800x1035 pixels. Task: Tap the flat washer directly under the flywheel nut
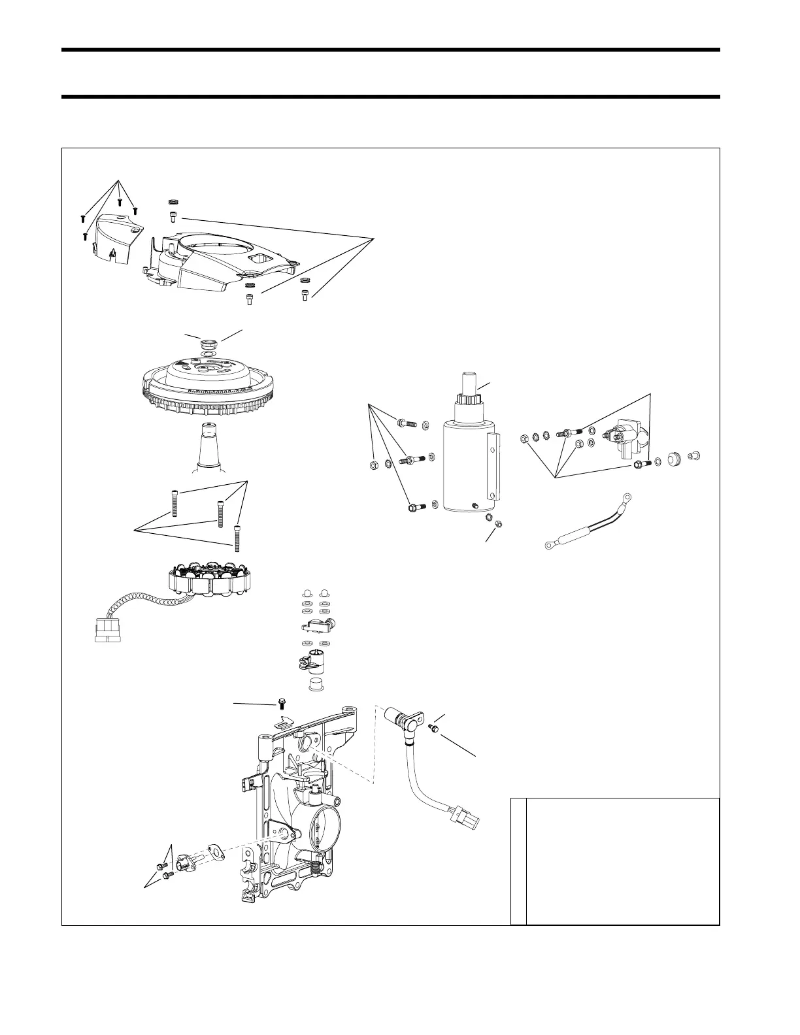pos(209,353)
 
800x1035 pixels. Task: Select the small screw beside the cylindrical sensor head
pos(432,727)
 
